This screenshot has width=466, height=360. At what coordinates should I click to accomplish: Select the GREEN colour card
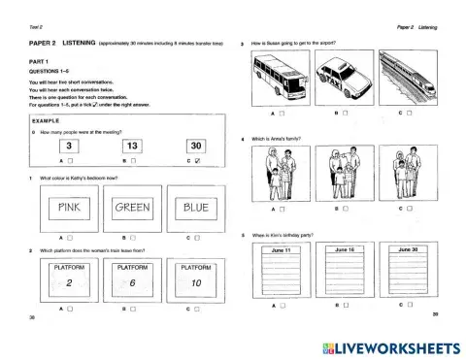[x=131, y=208]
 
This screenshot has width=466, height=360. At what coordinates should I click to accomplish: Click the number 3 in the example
[x=66, y=147]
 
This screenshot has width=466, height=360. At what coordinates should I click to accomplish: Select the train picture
[x=410, y=79]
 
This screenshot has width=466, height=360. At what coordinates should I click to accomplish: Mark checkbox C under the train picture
[x=412, y=115]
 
